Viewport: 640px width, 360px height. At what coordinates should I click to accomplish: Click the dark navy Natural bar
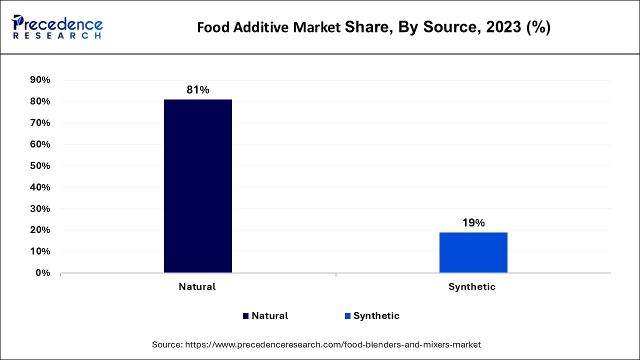(198, 186)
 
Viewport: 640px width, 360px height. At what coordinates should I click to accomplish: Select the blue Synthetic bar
(473, 252)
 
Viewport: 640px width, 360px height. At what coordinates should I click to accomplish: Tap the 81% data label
(198, 90)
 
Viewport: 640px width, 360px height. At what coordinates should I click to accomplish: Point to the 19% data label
(473, 223)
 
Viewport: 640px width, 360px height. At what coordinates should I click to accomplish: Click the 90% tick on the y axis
(40, 80)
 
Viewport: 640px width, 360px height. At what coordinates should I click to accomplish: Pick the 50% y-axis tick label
(40, 166)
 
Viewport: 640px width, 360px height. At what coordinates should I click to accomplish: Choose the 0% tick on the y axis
(42, 273)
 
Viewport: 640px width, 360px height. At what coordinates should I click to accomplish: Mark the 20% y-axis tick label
(40, 230)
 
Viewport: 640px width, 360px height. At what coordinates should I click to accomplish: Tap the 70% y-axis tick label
(40, 123)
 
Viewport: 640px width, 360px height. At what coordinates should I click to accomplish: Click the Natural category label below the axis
(197, 287)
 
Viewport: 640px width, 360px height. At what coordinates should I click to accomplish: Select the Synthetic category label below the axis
(472, 287)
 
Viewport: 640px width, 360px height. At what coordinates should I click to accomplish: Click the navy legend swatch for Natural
(245, 316)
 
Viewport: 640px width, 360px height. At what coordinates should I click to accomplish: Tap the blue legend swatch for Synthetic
(347, 316)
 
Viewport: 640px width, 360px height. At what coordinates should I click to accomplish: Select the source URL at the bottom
(333, 344)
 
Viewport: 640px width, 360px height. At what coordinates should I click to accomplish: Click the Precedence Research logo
(57, 27)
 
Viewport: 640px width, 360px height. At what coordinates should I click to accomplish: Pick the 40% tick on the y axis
(40, 187)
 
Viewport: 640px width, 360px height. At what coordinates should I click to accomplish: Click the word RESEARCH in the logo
(57, 36)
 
